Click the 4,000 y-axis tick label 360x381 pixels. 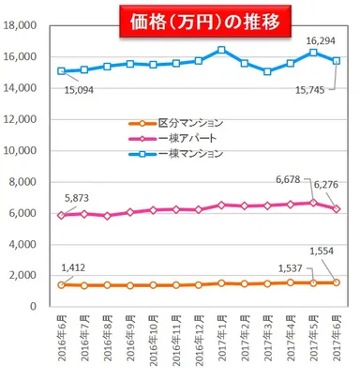[x=23, y=244]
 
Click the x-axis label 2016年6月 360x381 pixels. [x=62, y=342]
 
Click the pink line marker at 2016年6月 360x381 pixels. [x=62, y=215]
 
